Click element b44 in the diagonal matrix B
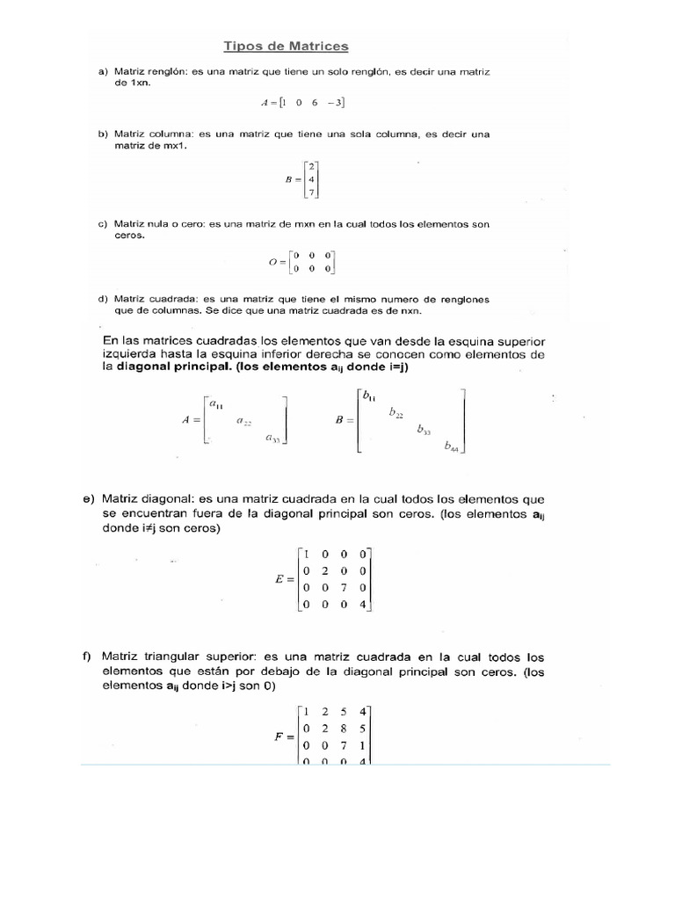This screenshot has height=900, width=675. click(451, 446)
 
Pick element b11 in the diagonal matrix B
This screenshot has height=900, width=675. click(368, 396)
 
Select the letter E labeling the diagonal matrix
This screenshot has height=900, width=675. click(279, 580)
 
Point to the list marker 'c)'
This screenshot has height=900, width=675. click(103, 224)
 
